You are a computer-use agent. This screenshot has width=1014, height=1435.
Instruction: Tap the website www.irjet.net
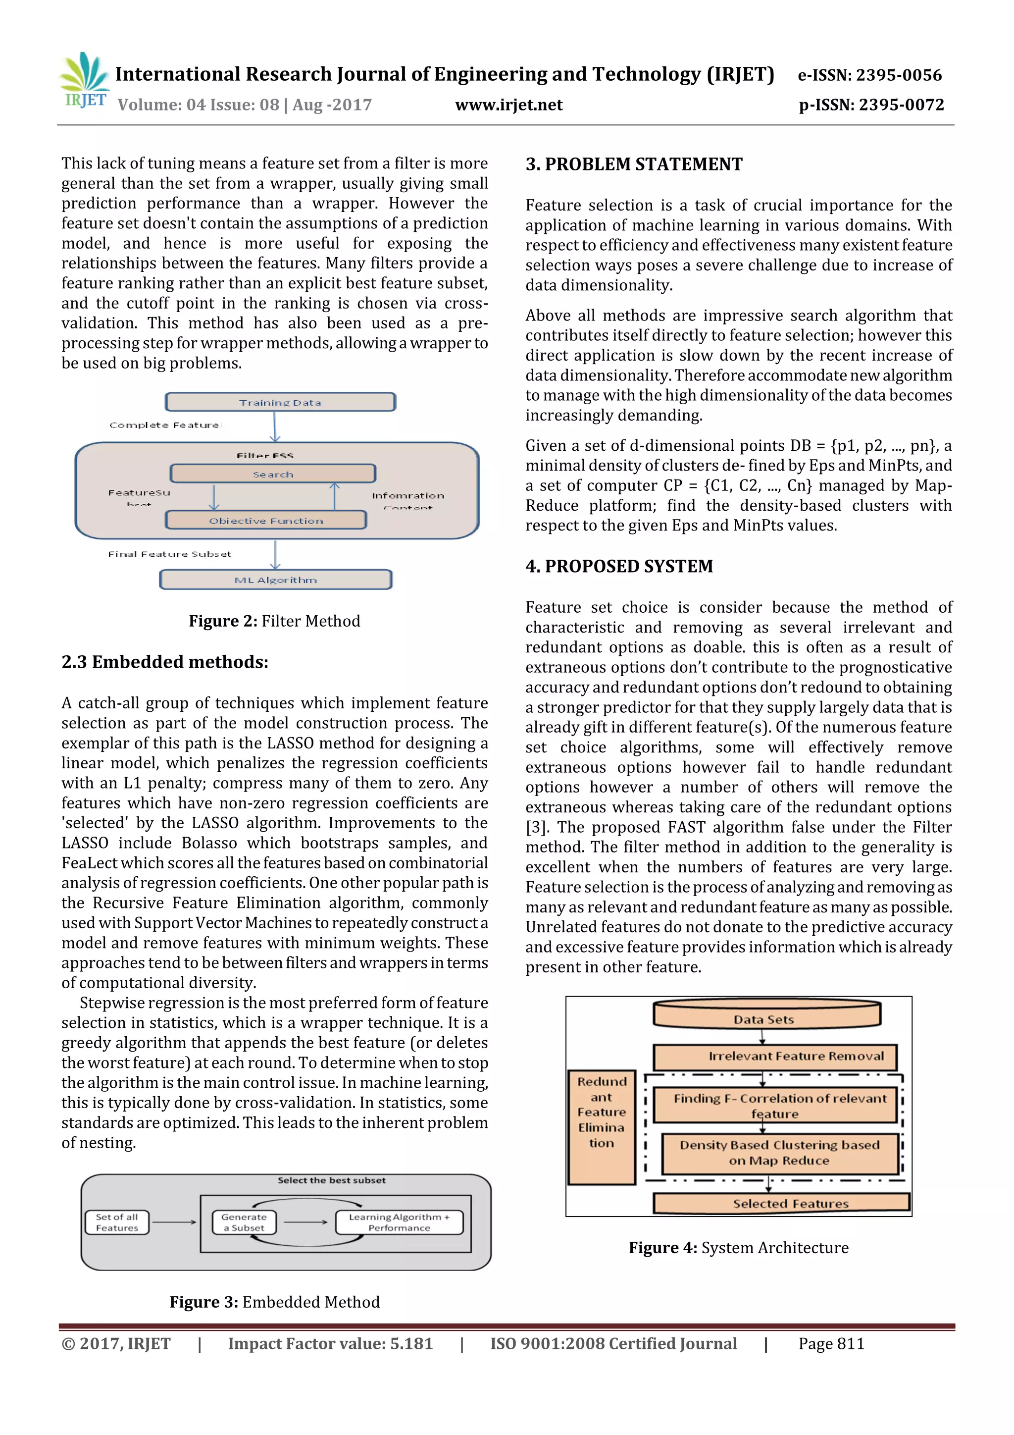pyautogui.click(x=508, y=105)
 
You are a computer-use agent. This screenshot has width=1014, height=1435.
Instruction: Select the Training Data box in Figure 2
pyautogui.click(x=280, y=402)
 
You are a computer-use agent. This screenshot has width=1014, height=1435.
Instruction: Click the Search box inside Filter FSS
pyautogui.click(x=272, y=474)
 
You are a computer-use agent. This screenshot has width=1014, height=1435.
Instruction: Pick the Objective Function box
pyautogui.click(x=266, y=520)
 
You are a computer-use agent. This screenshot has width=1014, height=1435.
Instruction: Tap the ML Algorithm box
pyautogui.click(x=275, y=580)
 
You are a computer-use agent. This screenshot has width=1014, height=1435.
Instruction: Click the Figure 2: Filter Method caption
pyautogui.click(x=274, y=621)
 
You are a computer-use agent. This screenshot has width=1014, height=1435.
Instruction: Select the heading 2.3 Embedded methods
pyautogui.click(x=165, y=662)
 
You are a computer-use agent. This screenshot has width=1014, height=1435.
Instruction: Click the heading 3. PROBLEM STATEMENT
pyautogui.click(x=634, y=164)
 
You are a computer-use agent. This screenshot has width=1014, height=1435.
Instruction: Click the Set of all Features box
pyautogui.click(x=117, y=1222)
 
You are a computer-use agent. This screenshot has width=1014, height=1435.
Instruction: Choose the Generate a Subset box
pyautogui.click(x=244, y=1222)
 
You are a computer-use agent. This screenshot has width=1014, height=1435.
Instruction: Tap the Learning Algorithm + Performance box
pyautogui.click(x=399, y=1222)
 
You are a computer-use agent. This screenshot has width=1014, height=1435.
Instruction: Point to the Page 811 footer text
pyautogui.click(x=831, y=1344)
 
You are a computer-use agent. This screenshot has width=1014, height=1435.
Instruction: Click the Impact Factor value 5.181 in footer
pyautogui.click(x=330, y=1344)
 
